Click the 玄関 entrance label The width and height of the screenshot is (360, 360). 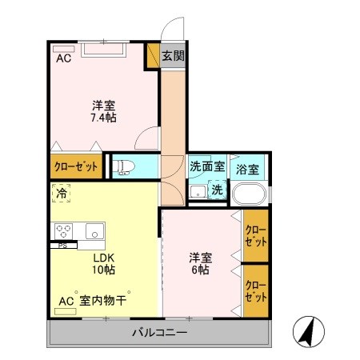click(x=173, y=56)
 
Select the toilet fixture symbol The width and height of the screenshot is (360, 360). click(x=123, y=166)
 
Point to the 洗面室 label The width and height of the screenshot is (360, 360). click(x=206, y=169)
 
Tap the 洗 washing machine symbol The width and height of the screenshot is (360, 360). click(x=218, y=190)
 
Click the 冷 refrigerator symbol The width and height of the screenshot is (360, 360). click(x=62, y=193)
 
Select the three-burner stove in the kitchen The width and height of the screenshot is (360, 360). click(x=64, y=230)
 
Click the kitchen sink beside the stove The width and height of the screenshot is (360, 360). click(x=94, y=231)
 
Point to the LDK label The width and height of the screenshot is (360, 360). click(x=103, y=258)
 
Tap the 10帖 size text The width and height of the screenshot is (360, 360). click(x=103, y=271)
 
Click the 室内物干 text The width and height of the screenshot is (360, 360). click(x=105, y=301)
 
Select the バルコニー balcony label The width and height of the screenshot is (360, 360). click(x=160, y=332)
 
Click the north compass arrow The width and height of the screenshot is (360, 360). click(x=307, y=330)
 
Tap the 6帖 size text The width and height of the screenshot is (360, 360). click(x=200, y=270)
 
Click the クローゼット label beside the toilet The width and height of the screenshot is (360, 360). click(x=76, y=167)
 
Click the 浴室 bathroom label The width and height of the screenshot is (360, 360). click(x=247, y=170)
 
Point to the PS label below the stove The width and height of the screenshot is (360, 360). click(x=62, y=246)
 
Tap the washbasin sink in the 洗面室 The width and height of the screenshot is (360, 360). click(x=197, y=193)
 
